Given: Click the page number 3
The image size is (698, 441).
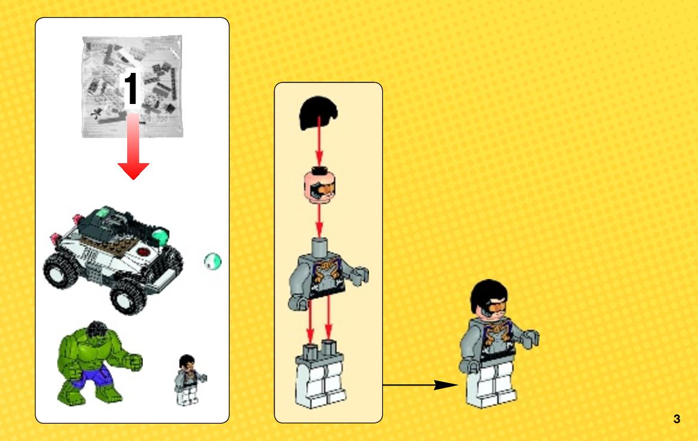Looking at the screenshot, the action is [677, 419].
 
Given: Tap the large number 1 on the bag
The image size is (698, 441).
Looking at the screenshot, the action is [131, 88].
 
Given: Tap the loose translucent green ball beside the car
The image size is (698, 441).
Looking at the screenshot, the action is [213, 262].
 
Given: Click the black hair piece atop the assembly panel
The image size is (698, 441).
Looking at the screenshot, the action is [318, 113].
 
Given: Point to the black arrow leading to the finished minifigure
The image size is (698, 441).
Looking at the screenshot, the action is [420, 385].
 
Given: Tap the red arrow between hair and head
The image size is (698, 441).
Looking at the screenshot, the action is [319, 142].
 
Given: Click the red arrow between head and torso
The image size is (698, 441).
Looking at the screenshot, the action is [319, 221].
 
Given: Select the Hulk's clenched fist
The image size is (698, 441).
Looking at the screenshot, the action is [133, 362].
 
